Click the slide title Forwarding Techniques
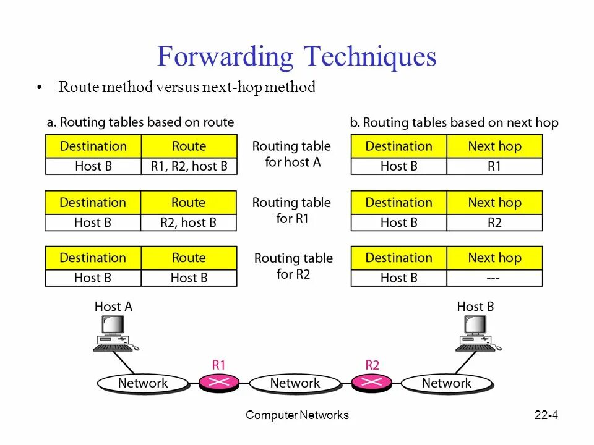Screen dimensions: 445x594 coord(296,57)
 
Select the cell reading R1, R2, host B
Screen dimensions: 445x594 coord(189,166)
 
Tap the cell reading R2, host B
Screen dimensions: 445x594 coord(188,222)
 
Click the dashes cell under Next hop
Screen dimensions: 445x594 coord(494,278)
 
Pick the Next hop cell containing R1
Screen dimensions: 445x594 coord(494,166)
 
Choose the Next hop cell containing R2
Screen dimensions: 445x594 coord(494,222)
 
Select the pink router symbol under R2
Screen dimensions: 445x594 coord(372,383)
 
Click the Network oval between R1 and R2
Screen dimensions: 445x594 coord(295,383)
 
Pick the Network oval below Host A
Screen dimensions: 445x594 coord(143,383)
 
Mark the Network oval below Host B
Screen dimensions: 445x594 coord(446,383)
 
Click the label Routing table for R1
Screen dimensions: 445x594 coord(291,210)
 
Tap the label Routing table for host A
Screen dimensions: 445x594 coord(291,154)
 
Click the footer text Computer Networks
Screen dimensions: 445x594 coord(297,415)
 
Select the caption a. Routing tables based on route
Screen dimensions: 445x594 coord(140,122)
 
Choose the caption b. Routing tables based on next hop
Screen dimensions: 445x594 coord(454,122)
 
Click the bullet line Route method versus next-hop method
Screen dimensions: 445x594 coord(187,87)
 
